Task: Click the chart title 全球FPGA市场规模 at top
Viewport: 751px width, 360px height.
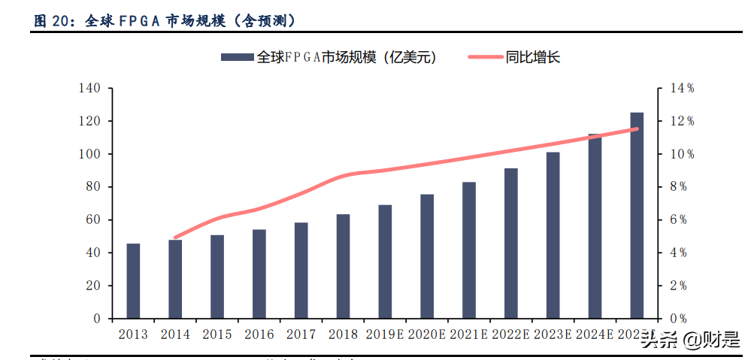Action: point(165,21)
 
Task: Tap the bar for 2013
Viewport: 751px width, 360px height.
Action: point(133,281)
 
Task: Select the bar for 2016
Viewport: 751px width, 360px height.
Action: point(259,274)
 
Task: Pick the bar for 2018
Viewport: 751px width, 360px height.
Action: point(343,266)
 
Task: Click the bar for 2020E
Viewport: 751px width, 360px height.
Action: point(427,256)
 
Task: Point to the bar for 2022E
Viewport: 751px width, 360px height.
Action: point(511,244)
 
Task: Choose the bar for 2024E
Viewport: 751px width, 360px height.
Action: point(595,226)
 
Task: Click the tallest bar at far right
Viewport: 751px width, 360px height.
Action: point(637,216)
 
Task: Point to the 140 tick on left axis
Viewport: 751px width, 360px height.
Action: point(89,89)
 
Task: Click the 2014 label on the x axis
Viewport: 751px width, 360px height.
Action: point(175,334)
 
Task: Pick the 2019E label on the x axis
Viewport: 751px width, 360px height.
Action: point(385,334)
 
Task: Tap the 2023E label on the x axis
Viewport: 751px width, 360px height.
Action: point(553,334)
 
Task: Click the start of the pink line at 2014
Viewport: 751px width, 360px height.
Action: point(175,237)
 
